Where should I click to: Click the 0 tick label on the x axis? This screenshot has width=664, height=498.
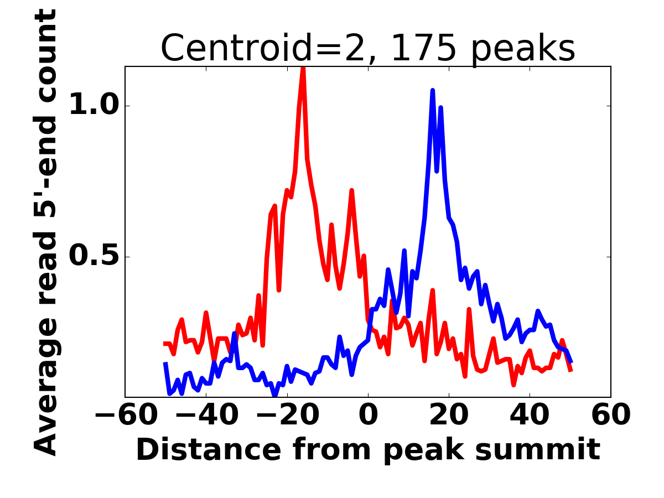click(368, 416)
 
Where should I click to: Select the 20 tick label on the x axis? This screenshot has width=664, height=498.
click(449, 416)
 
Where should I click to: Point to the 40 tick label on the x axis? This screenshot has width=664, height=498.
click(530, 416)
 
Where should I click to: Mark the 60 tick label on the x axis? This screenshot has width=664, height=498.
click(610, 416)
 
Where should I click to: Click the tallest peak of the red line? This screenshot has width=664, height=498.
click(303, 68)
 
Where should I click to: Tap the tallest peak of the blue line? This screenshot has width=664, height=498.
click(432, 90)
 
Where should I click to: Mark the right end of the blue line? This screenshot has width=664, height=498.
click(571, 362)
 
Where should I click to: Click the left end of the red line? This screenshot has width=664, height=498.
click(165, 344)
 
